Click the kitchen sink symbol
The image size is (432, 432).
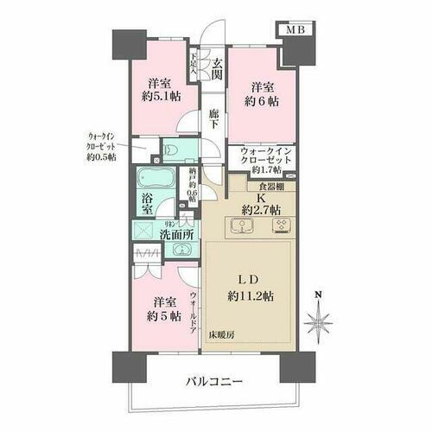pos(243,226)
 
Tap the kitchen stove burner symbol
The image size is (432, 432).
pos(281,226)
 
